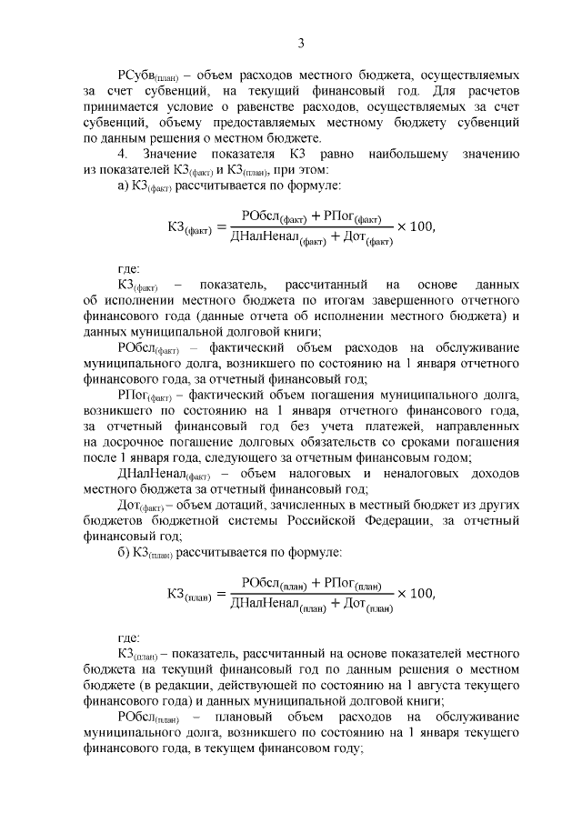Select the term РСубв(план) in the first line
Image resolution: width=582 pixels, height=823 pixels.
148,72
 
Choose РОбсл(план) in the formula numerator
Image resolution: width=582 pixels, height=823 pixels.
273,584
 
